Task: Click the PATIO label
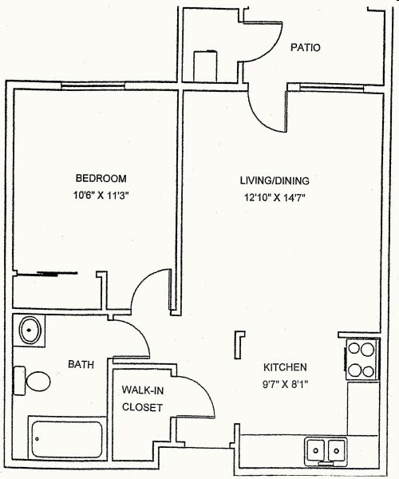306,48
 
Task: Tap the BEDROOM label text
101,178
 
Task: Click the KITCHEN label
286,368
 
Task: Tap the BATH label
81,365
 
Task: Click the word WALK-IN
142,391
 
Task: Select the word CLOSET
142,407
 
